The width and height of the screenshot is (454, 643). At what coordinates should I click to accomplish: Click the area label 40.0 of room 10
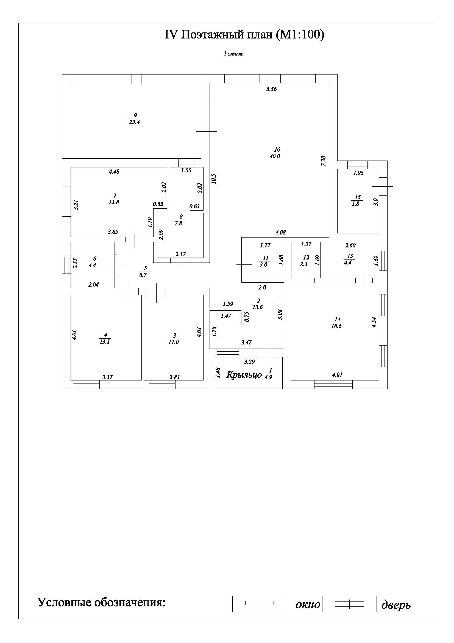[275, 156]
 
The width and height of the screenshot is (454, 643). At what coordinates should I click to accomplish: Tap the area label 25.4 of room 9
[135, 122]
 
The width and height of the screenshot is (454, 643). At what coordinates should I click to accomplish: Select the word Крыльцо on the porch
[244, 375]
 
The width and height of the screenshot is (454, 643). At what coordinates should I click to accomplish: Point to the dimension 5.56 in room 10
[271, 89]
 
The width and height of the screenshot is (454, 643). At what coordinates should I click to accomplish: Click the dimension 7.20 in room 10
[323, 161]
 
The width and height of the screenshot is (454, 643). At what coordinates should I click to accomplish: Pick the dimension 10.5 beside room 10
[214, 179]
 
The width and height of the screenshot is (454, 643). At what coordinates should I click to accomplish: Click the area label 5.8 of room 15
[355, 204]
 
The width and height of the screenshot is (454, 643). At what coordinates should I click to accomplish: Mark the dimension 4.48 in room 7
[114, 172]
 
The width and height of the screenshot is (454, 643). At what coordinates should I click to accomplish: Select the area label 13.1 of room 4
[105, 342]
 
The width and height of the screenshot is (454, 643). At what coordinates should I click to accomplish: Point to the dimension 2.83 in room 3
[174, 377]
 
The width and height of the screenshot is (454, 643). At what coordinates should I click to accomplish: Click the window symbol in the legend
[259, 603]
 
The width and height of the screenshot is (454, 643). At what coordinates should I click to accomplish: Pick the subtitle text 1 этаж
[233, 54]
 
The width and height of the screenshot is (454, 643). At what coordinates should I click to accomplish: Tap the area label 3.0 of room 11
[263, 265]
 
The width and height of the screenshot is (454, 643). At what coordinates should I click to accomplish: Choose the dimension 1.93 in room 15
[358, 173]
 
